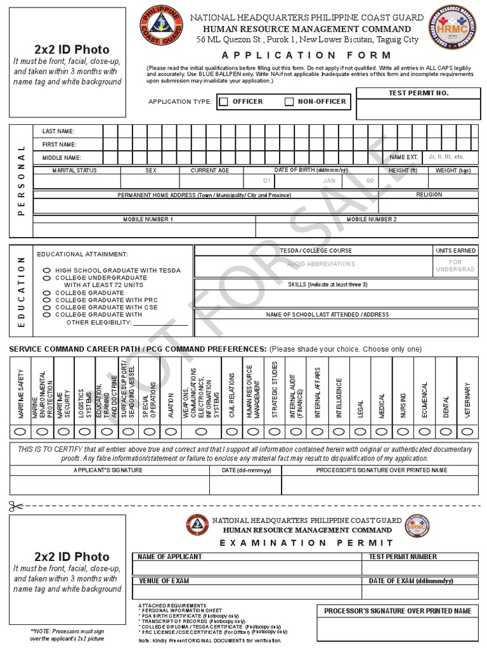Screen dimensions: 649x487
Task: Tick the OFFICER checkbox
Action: [223, 102]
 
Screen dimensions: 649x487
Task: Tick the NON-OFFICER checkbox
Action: [289, 102]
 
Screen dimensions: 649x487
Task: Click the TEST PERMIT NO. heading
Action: [418, 93]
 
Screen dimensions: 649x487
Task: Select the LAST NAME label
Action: [58, 131]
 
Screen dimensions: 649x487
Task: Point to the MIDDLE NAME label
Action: [62, 157]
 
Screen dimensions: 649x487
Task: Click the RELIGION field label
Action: [429, 195]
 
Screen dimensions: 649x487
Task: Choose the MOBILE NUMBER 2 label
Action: [371, 219]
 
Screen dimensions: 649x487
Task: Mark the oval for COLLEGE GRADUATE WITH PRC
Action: [46, 300]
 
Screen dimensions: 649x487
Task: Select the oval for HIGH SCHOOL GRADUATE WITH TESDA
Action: [46, 271]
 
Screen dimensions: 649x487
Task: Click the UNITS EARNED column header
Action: [455, 251]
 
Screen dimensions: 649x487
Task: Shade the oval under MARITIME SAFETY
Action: [20, 431]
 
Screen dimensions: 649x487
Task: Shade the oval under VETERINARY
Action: [467, 431]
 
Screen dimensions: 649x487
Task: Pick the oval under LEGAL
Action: [360, 431]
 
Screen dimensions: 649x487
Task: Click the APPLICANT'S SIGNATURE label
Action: [108, 470]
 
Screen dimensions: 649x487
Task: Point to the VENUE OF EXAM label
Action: [164, 581]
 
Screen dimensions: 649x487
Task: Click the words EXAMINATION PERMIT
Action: [306, 543]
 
